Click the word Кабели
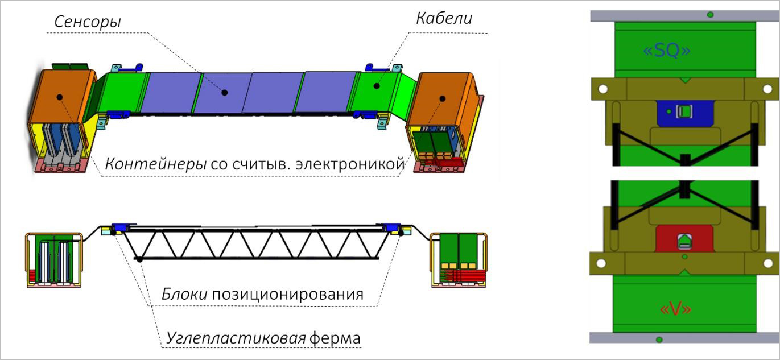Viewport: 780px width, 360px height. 444,18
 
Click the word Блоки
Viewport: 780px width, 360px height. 182,295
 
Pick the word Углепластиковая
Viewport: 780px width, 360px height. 236,338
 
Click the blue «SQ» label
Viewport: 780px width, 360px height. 667,51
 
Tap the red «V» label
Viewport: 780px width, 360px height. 675,309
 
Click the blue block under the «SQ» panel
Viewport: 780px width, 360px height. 684,113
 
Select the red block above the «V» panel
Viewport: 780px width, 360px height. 684,240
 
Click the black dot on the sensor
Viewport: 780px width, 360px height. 225,92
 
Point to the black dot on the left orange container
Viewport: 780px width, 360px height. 59,97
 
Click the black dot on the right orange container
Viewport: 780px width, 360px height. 441,98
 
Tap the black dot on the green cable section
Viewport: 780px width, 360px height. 376,86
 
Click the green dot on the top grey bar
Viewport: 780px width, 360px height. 710,14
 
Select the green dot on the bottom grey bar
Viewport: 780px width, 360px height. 659,340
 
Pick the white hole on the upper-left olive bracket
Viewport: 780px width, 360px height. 603,89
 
